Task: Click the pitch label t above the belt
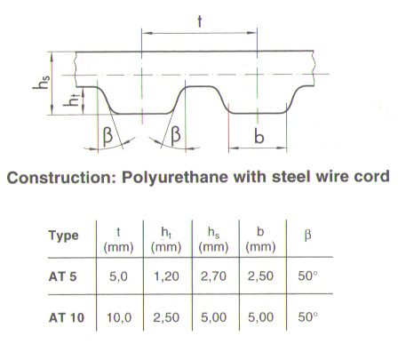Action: [200, 21]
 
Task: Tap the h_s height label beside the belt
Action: [41, 82]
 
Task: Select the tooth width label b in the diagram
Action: [259, 136]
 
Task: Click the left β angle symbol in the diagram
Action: [107, 135]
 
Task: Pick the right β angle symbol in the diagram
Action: [175, 134]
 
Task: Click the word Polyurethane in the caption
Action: [175, 177]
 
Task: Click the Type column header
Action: [64, 236]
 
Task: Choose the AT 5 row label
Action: [62, 276]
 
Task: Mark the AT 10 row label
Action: [67, 318]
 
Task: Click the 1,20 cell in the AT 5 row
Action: [166, 276]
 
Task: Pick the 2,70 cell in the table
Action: [213, 276]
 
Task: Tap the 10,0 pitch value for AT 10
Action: [119, 317]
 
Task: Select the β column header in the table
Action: [307, 236]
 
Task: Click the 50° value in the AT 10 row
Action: [307, 317]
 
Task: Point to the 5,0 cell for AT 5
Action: [118, 276]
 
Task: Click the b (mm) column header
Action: [260, 239]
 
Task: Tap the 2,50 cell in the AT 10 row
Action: [166, 317]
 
